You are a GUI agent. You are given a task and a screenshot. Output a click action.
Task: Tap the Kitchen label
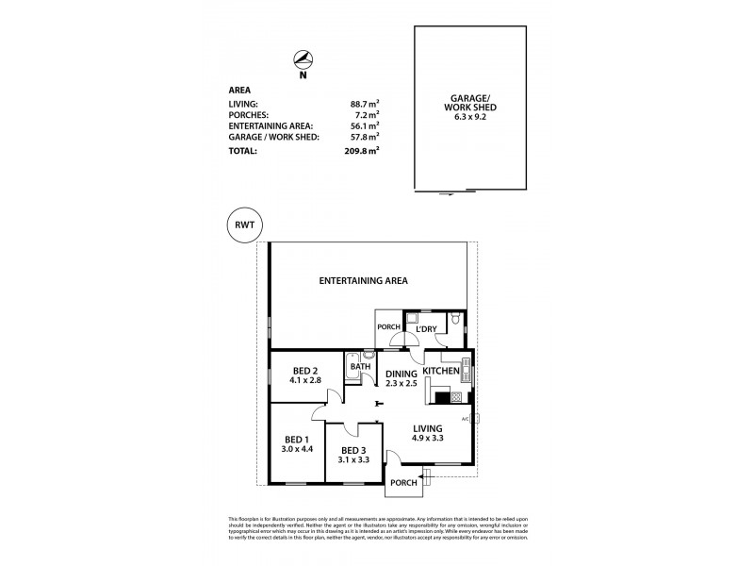[440, 372]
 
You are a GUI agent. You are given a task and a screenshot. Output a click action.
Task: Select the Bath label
[359, 367]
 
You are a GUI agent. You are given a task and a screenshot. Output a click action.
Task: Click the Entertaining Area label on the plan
[362, 281]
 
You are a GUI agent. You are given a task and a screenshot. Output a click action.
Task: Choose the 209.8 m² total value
[362, 151]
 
